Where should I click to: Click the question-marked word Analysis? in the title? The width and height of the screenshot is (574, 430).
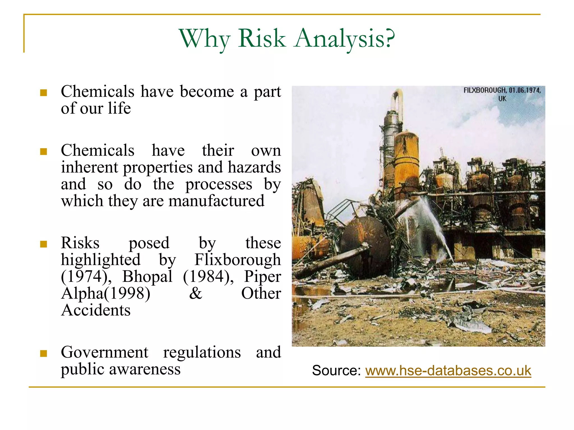[345, 39]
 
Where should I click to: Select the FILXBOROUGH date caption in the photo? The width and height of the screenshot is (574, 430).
[502, 94]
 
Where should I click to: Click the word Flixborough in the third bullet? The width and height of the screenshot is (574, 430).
[237, 260]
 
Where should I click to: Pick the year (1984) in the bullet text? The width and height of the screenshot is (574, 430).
[208, 276]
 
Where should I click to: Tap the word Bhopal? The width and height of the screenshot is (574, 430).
[147, 276]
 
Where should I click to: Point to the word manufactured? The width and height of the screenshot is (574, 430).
[216, 201]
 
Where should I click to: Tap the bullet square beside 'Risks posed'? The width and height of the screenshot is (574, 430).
[43, 244]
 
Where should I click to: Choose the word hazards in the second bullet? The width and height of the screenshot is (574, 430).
[254, 167]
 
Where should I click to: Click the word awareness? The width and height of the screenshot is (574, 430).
[145, 369]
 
